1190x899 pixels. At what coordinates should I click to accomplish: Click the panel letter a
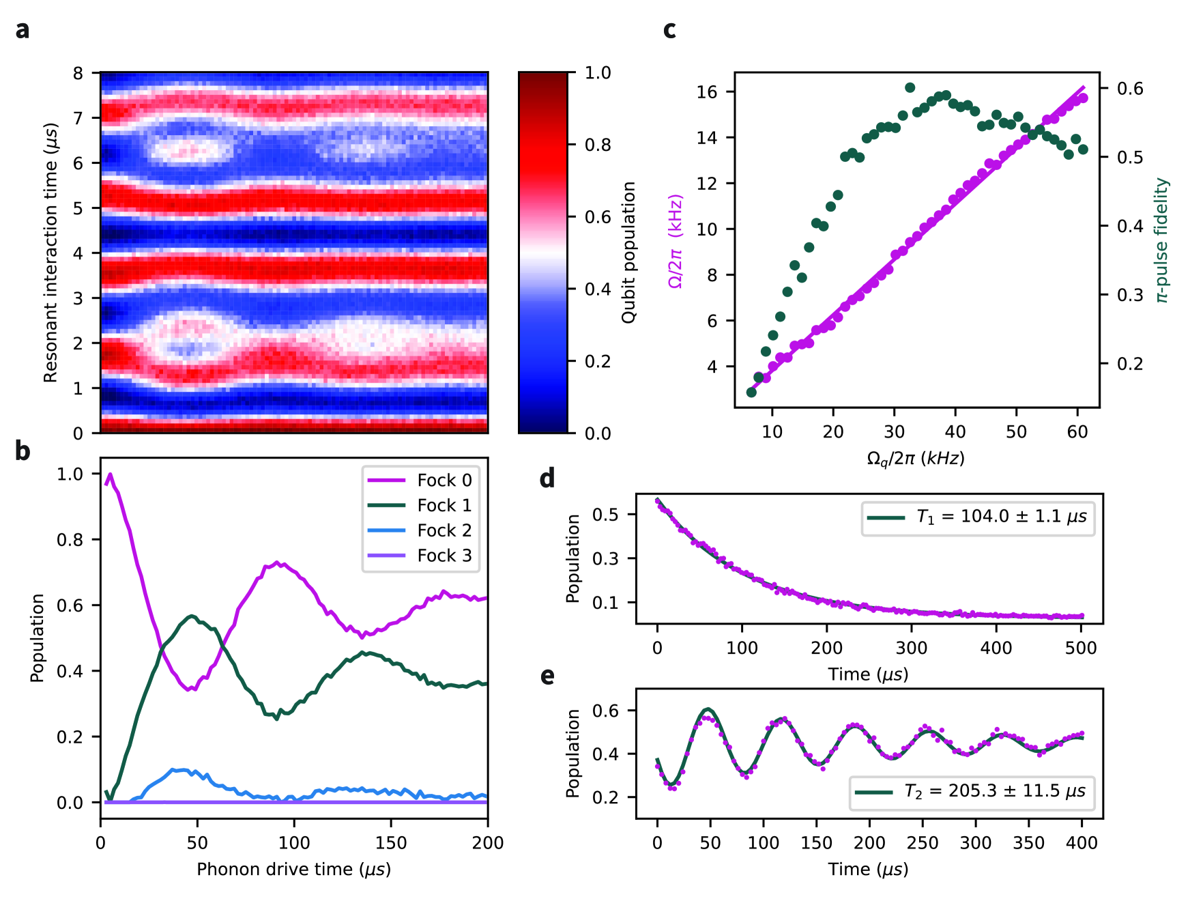coord(23,31)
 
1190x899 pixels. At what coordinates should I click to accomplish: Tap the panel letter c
coord(669,31)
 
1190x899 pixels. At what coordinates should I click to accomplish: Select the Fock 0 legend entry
coord(444,481)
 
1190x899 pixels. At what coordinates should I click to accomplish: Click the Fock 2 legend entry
coord(444,530)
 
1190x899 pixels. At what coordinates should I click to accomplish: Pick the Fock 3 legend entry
coord(444,556)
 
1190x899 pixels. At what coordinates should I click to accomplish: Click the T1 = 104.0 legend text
coord(1001,517)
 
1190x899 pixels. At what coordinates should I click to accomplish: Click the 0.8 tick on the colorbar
coord(598,145)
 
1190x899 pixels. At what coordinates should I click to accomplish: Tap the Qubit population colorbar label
coord(628,253)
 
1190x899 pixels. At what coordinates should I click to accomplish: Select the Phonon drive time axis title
coord(293,870)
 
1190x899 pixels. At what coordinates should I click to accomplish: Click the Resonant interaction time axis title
coord(50,253)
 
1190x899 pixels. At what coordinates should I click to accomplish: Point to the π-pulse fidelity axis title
coord(1161,240)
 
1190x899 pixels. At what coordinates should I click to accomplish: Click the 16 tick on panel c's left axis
coord(707,92)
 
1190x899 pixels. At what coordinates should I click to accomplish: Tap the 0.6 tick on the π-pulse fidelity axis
coord(1129,89)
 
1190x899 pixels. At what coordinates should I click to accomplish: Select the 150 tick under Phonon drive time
coord(391,843)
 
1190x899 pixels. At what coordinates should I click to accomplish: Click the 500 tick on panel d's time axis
coord(1081,648)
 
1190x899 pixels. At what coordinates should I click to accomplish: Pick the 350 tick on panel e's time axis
coord(1028,843)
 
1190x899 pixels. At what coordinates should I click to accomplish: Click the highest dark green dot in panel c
coord(910,88)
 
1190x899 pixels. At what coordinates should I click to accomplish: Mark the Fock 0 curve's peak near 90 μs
coord(276,563)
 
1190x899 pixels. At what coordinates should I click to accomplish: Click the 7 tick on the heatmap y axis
coord(78,118)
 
